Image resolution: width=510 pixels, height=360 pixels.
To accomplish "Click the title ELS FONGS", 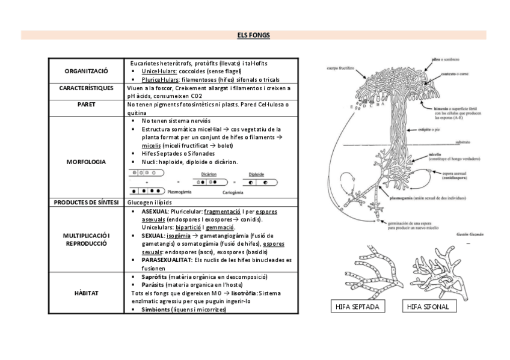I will pos(253,35).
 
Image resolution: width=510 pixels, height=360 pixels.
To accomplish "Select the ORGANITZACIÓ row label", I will pos(86,72).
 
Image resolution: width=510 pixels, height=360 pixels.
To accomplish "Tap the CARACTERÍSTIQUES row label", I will pos(86,88).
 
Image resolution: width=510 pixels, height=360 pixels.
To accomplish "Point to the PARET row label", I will pos(86,104).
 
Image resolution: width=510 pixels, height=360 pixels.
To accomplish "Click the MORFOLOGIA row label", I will pos(86,162).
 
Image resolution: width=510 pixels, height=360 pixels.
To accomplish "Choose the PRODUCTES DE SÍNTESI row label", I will pos(86,203).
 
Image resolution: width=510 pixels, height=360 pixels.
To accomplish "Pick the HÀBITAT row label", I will pos(86,293).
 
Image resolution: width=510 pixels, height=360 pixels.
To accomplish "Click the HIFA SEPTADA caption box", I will pos(359,307).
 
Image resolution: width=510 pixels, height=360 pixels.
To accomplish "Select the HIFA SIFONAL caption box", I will pos(428,307).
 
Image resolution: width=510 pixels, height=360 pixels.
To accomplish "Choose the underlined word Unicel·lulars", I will pos(159,72).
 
